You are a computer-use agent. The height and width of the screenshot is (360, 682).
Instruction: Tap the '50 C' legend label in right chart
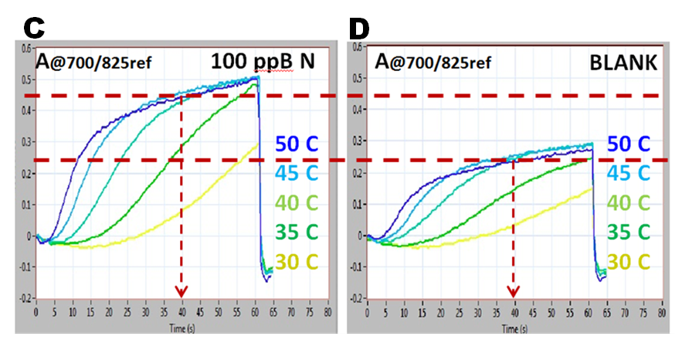tap(629, 144)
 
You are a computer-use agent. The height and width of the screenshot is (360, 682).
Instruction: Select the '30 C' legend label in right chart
tap(629, 262)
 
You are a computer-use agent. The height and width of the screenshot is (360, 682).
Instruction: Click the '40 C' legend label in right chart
tap(629, 203)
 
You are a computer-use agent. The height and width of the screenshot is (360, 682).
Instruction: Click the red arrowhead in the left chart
tap(182, 292)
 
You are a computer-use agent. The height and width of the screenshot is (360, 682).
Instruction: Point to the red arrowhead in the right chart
tap(513, 291)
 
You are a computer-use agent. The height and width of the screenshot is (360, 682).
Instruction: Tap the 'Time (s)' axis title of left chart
tap(180, 327)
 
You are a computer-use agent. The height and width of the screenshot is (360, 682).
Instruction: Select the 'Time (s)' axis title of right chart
tap(512, 327)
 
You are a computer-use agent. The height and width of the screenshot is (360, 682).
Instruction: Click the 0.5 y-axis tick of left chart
tap(28, 79)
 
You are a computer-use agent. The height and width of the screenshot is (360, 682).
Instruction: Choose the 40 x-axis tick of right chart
tap(514, 313)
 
